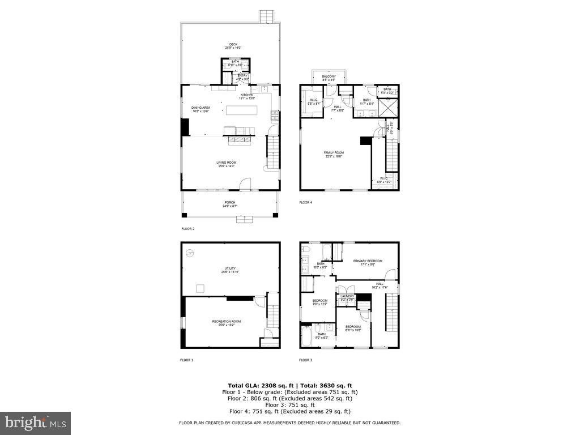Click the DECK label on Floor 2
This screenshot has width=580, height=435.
pos(233,44)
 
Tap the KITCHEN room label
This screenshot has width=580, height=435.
pos(247,95)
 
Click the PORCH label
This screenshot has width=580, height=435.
pos(229,202)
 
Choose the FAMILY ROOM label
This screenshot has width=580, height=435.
pos(334,152)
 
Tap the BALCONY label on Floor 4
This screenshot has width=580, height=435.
pos(329,76)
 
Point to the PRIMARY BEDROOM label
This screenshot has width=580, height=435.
pos(368,261)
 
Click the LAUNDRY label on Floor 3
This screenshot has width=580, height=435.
pos(347,296)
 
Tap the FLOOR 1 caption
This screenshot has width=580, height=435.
pos(187,360)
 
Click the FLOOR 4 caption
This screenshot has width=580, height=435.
pos(306,202)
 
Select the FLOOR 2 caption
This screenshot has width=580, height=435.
pos(187,229)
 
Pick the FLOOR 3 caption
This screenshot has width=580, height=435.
pos(306,360)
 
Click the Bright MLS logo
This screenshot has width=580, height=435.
pos(35,423)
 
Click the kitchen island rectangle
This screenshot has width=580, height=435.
pos(241,110)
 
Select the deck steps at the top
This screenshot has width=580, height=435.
pos(266,16)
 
